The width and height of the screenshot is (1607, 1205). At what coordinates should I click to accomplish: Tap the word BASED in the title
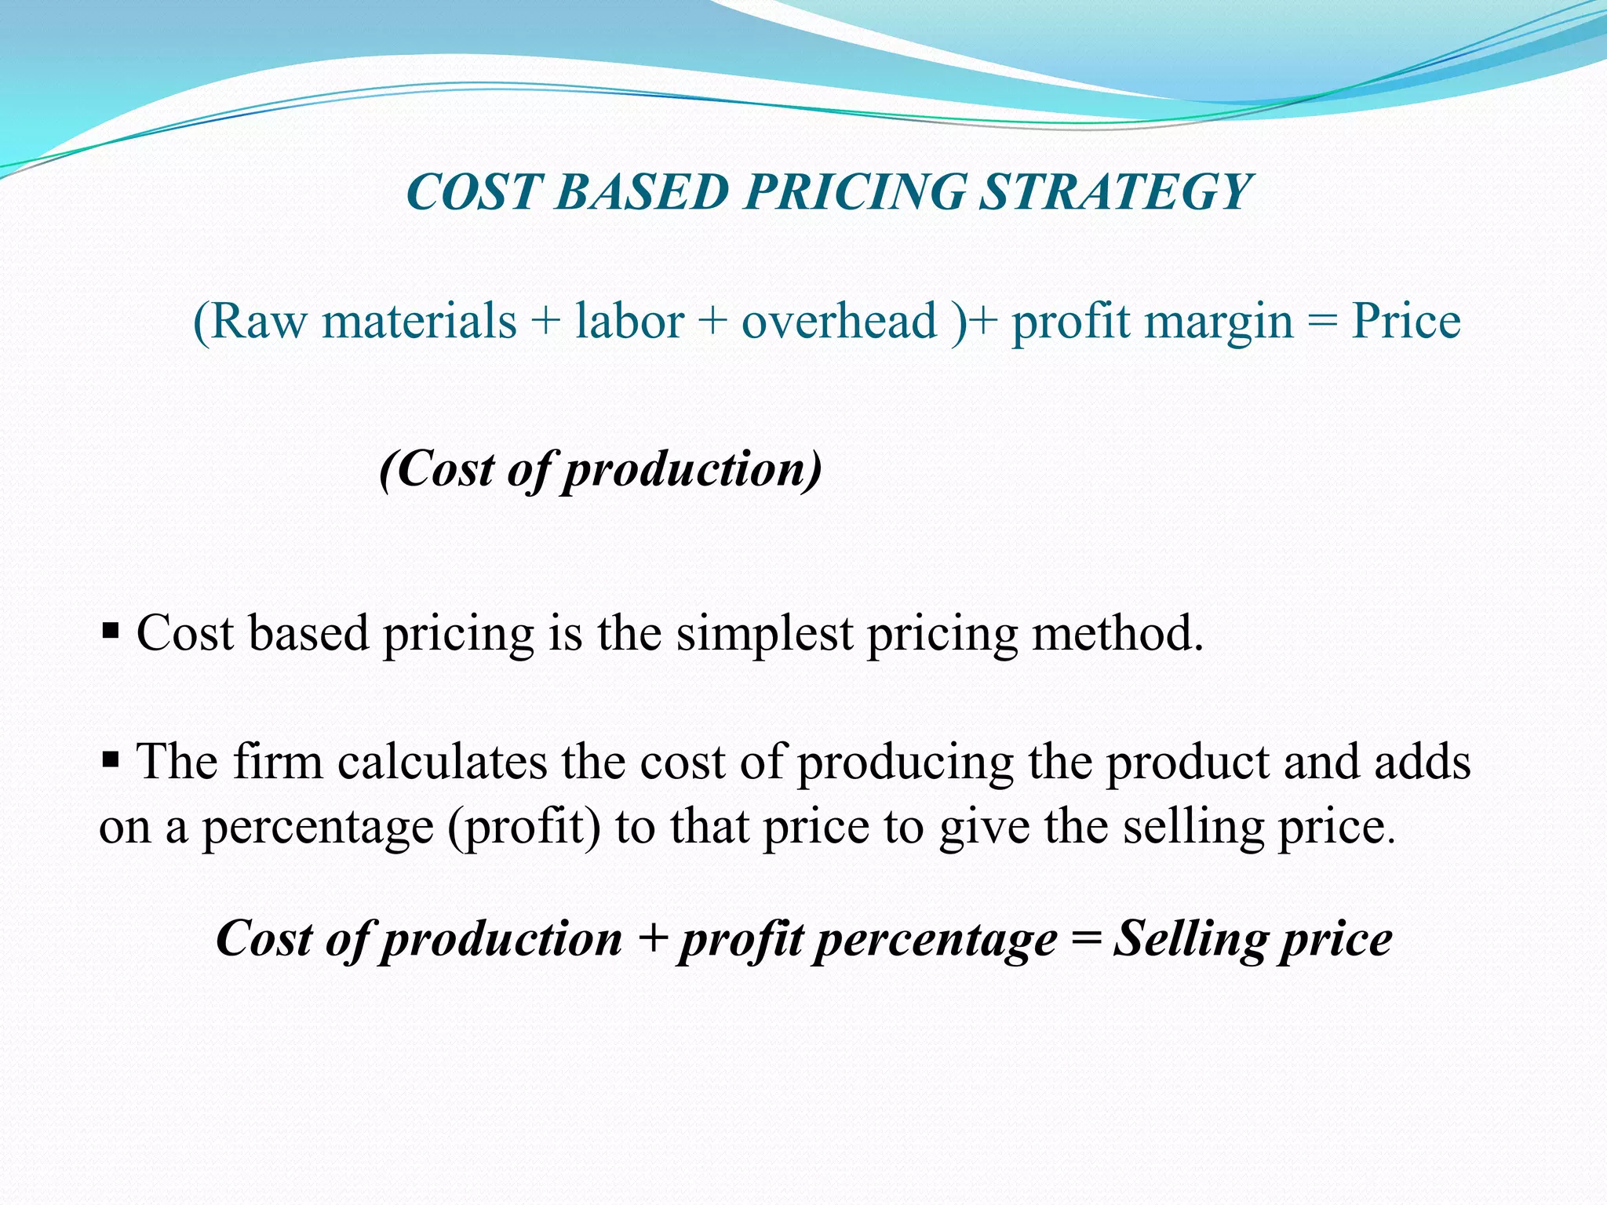tap(642, 193)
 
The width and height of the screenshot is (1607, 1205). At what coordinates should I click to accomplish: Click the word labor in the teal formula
tap(629, 322)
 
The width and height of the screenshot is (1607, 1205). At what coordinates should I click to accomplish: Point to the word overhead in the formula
tap(839, 322)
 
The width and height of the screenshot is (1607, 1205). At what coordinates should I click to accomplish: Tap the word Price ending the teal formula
tap(1405, 322)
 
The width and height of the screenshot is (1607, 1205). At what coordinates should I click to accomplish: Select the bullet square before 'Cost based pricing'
tap(110, 630)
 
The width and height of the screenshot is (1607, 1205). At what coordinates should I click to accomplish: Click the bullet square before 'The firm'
tap(110, 759)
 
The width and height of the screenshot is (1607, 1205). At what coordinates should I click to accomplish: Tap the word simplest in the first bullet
tap(764, 634)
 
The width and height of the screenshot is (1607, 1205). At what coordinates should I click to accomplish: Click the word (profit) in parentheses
tap(523, 827)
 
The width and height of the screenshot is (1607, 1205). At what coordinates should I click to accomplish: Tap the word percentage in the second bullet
tap(318, 828)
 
